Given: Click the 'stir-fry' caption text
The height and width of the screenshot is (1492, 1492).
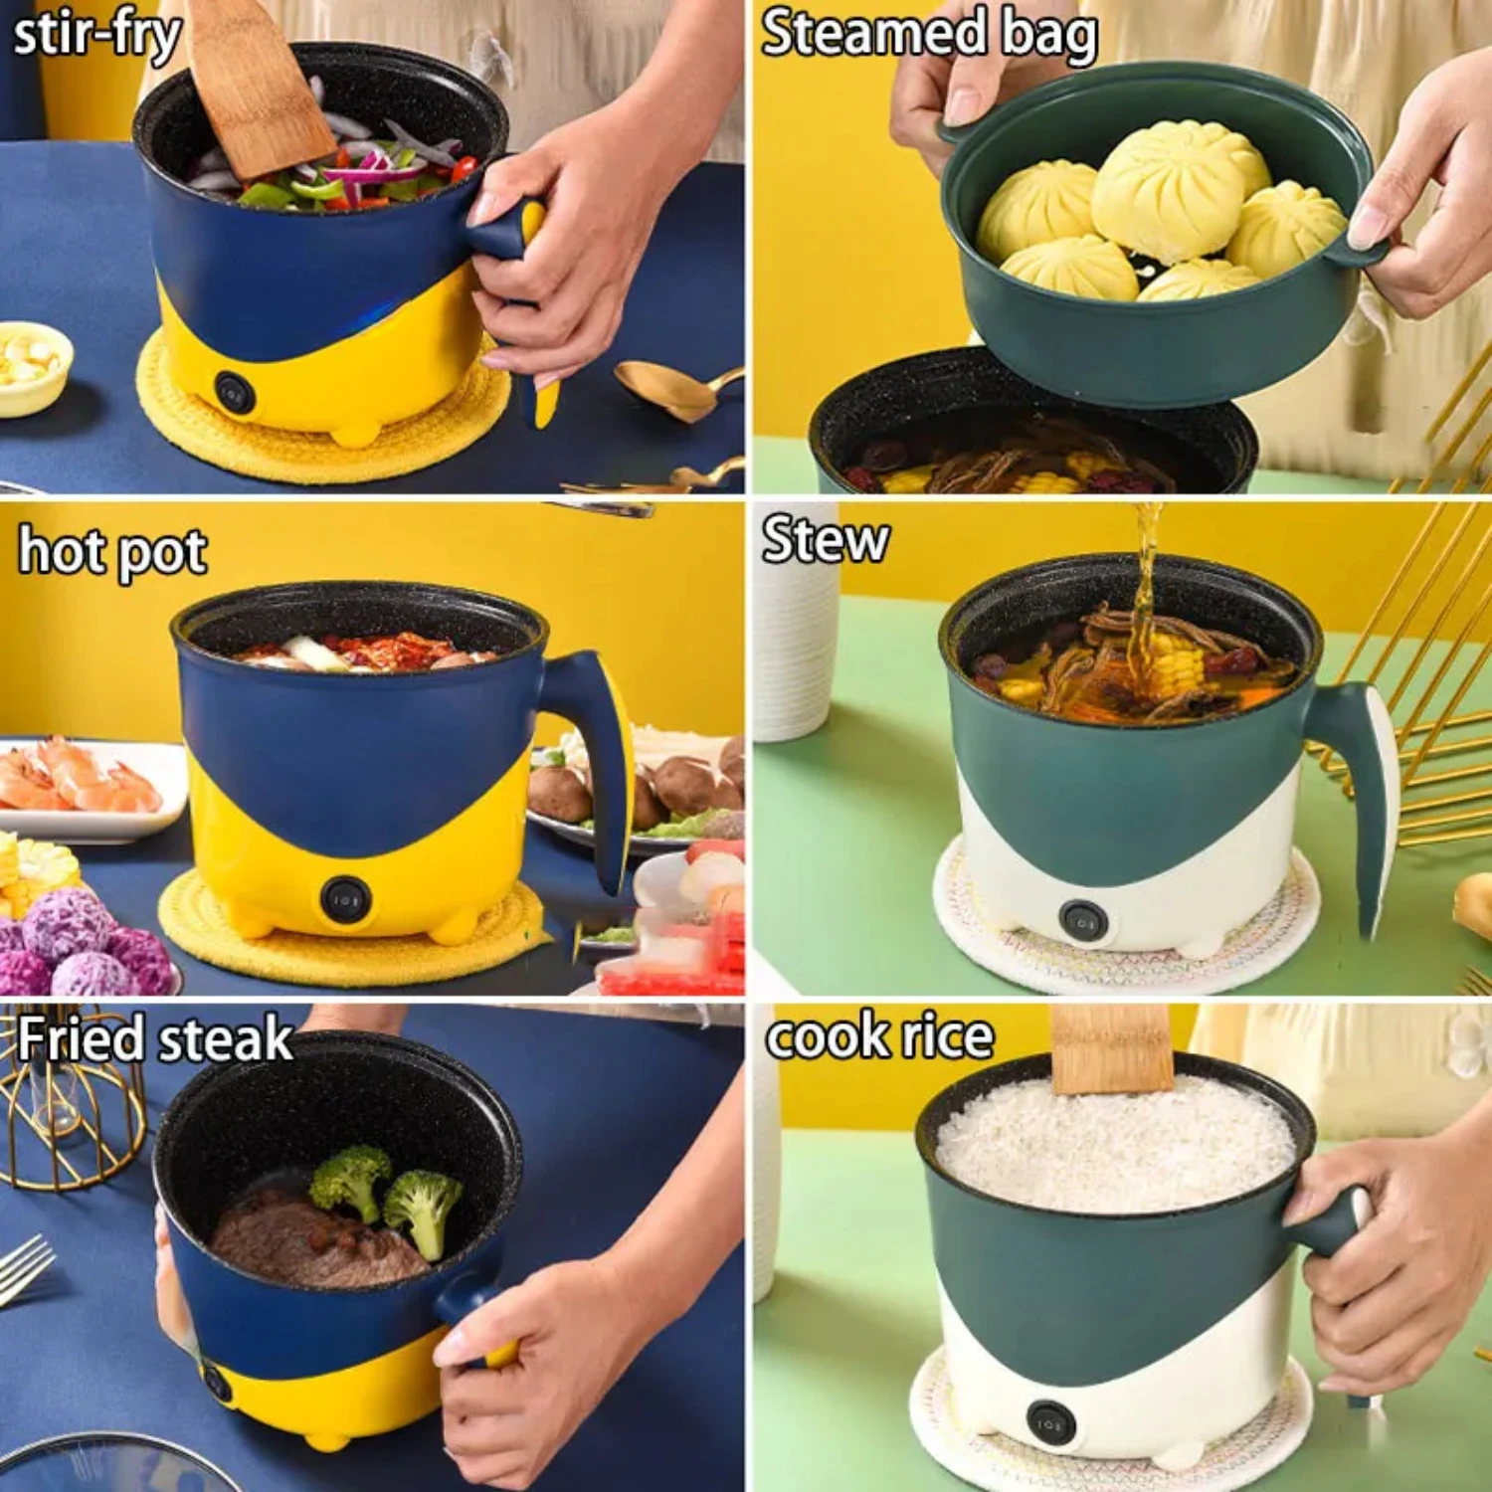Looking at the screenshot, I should (x=96, y=37).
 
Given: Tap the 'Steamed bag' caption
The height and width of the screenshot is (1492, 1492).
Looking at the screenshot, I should (x=928, y=35).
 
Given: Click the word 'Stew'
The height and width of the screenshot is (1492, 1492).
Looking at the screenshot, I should (x=825, y=540).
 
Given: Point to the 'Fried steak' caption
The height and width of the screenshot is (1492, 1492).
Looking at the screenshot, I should (x=154, y=1040).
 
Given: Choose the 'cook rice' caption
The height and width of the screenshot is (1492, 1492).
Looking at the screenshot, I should (x=879, y=1036).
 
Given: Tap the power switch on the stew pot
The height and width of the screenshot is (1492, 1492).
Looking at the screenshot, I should (x=1081, y=921).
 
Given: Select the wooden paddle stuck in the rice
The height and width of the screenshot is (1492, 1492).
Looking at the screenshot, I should (x=1112, y=1049).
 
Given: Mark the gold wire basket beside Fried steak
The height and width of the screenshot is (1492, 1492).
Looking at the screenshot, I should (x=70, y=1114).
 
